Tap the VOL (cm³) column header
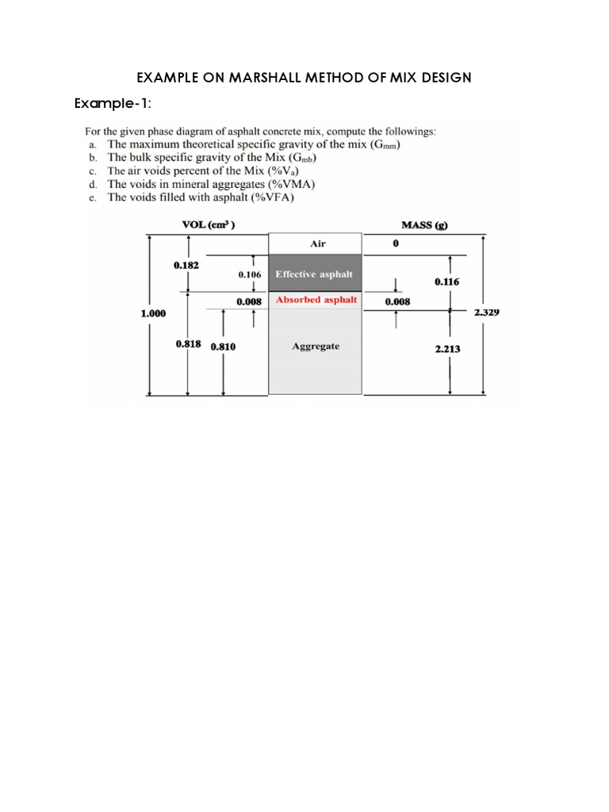point(208,224)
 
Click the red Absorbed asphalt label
point(316,301)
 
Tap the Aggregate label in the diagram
point(316,347)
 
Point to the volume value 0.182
point(186,265)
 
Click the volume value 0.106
point(250,274)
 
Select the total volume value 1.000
point(154,313)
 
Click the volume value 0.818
point(188,345)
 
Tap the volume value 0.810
point(223,347)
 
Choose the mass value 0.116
point(447,282)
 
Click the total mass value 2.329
point(486,312)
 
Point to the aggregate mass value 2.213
point(448,348)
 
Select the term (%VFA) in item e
point(272,198)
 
